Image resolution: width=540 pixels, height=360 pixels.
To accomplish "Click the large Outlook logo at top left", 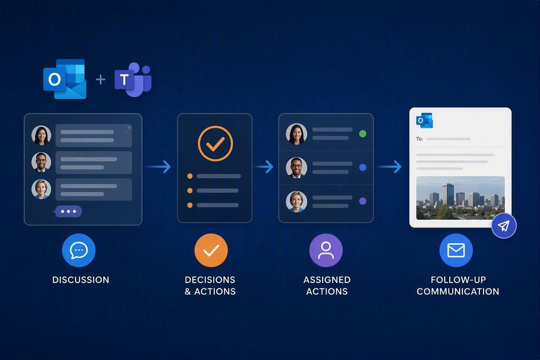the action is tap(65, 79).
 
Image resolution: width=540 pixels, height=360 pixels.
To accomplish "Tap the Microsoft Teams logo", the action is tap(133, 79).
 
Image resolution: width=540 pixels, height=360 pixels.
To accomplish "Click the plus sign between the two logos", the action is tap(101, 79).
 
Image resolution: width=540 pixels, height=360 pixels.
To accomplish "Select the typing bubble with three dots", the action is tap(68, 212).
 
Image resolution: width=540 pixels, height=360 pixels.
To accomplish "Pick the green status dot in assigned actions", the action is tap(362, 134).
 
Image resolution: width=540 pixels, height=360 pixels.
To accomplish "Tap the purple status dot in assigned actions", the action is tap(362, 201).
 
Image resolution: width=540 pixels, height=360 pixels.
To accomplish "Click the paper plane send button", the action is tap(504, 226).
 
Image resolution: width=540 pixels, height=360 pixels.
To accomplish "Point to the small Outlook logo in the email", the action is tap(424, 120).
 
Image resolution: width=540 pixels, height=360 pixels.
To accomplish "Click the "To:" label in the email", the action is tap(419, 139).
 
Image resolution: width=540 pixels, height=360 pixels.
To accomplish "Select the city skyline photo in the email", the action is tap(461, 198).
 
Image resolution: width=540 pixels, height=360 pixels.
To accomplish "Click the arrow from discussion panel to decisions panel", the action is tap(157, 167).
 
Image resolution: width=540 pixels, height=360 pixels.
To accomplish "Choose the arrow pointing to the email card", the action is tap(389, 167).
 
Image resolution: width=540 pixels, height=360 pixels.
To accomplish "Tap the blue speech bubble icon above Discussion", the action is tap(79, 250).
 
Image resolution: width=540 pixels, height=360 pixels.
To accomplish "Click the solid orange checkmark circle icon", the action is tap(211, 250).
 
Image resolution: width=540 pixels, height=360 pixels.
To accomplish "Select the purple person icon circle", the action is tap(326, 250).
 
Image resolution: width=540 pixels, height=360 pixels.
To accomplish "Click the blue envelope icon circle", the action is tap(456, 250).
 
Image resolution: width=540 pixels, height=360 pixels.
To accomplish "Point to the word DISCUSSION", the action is tap(81, 280).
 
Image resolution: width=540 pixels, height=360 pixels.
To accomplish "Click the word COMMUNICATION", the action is tap(458, 291).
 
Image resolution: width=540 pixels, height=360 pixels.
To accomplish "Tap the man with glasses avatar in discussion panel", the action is tap(41, 162).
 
